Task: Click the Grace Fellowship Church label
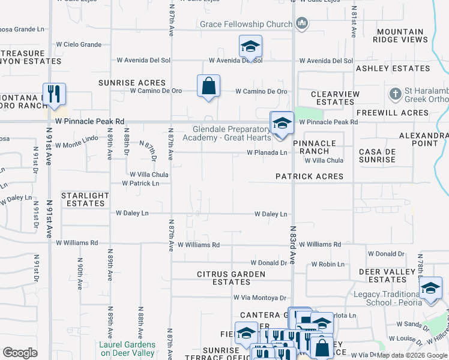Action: click(246, 25)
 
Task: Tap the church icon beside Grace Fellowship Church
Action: click(301, 24)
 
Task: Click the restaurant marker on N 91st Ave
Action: click(55, 94)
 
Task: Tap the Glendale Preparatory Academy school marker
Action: click(282, 123)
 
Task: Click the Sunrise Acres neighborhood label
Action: click(131, 83)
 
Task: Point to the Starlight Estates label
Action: click(85, 199)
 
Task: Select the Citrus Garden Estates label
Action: click(231, 278)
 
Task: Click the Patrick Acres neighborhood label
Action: click(309, 176)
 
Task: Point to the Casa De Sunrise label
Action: click(377, 155)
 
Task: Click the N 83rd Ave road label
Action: click(293, 246)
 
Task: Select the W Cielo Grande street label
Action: click(79, 44)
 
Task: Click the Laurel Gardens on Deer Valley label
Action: click(127, 349)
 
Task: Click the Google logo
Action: click(20, 353)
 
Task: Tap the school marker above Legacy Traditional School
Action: click(430, 289)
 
